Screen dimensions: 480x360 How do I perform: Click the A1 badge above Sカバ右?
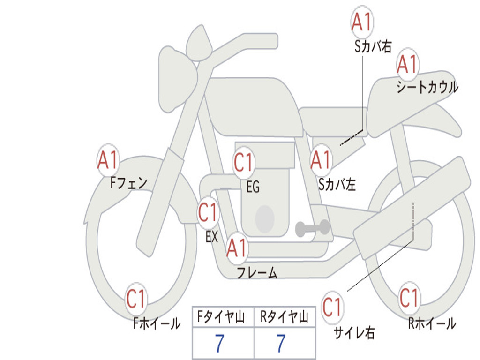362,22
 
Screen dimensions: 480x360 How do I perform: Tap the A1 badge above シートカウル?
407,64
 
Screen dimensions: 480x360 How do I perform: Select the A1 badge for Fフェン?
108,160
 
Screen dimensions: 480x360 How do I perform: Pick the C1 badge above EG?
244,162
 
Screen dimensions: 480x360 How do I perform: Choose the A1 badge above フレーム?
237,247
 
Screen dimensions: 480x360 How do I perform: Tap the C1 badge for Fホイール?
136,299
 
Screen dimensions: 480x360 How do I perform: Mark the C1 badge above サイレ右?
332,307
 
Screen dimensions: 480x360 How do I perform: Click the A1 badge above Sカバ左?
321,160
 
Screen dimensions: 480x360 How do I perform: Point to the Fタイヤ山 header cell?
223,316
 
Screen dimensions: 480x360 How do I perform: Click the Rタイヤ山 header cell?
285,316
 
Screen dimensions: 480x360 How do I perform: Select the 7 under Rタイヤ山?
281,343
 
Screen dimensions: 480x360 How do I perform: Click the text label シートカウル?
427,86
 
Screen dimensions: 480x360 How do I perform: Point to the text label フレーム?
257,272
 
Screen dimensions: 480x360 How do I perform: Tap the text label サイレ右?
354,332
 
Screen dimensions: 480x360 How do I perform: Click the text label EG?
253,187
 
